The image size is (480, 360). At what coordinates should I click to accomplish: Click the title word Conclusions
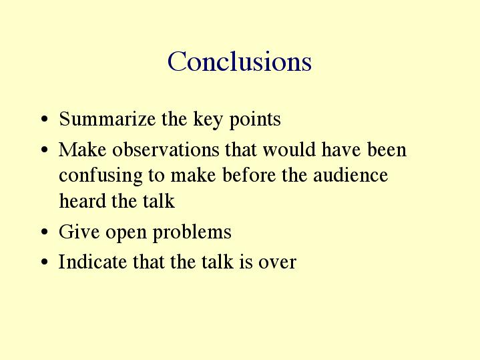point(240,61)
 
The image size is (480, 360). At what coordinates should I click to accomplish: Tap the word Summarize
point(107,119)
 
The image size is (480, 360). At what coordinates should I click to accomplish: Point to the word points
point(255,120)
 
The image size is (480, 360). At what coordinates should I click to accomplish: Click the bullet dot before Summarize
point(44,119)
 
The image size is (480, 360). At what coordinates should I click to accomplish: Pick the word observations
point(166,150)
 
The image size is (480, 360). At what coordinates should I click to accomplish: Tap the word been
point(387,150)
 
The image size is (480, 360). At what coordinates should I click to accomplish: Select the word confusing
point(101,176)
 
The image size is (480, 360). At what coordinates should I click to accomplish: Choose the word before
point(249,175)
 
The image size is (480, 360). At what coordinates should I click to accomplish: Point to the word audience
point(350,175)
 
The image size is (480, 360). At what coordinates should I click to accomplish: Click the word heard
point(82,200)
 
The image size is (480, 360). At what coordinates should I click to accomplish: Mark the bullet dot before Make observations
point(44,150)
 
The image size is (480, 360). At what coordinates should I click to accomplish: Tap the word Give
point(79,231)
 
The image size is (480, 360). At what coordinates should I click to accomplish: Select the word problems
point(192,232)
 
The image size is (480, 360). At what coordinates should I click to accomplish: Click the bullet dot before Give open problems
point(44,232)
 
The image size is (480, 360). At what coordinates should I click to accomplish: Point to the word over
point(277,263)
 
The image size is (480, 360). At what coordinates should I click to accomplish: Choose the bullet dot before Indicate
point(44,262)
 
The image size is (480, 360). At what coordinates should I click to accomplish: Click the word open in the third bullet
point(126,234)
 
